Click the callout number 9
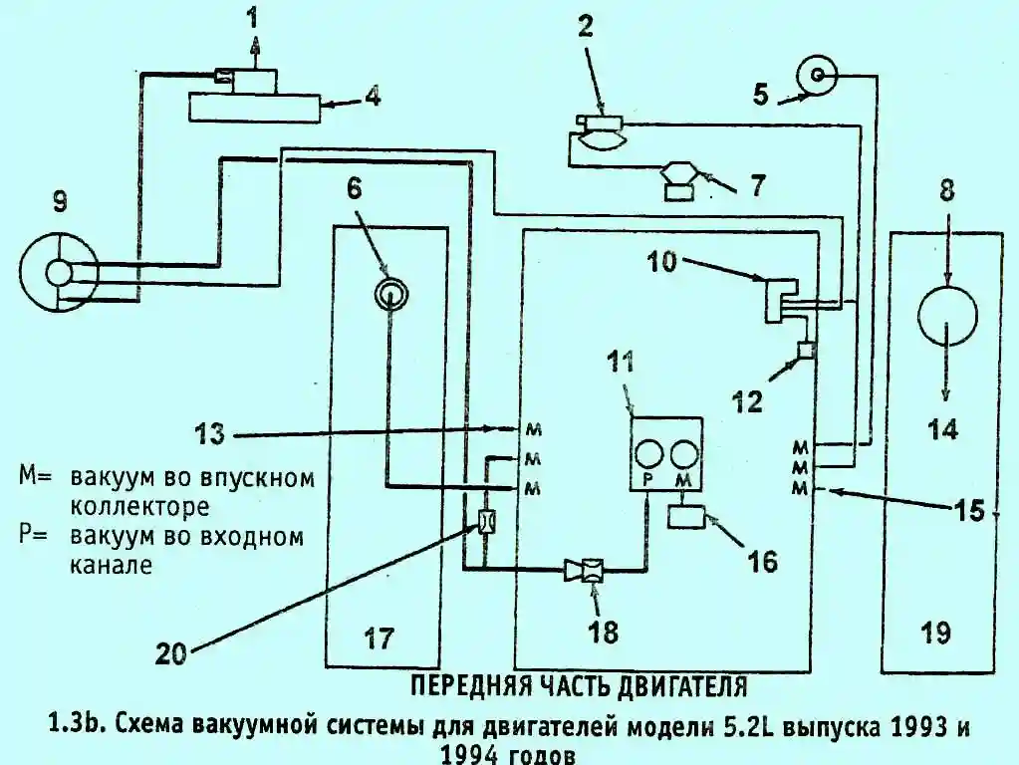click(60, 203)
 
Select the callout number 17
click(380, 636)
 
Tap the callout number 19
click(936, 632)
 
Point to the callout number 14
click(943, 430)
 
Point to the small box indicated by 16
click(686, 517)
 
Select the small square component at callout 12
click(806, 351)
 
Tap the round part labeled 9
click(60, 271)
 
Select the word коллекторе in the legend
click(139, 506)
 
